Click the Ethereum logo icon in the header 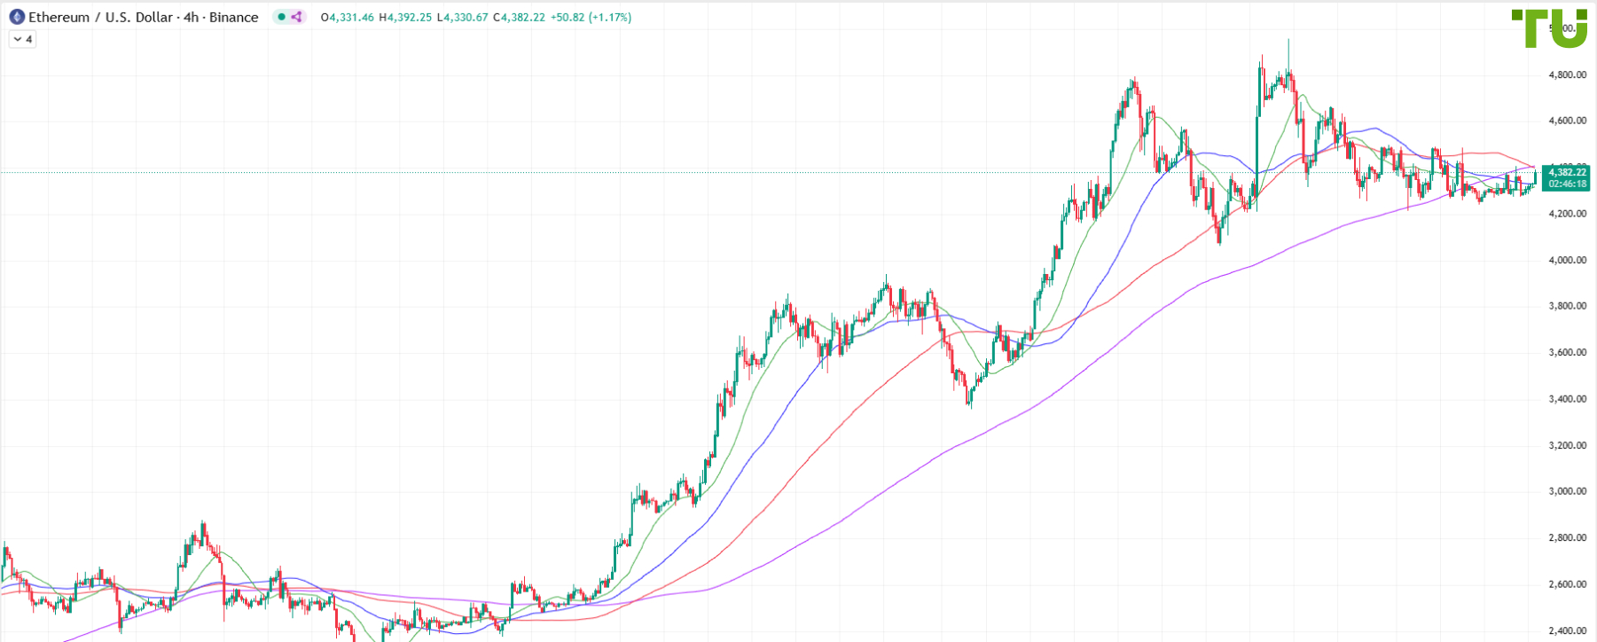pyautogui.click(x=16, y=17)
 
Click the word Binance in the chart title pyautogui.click(x=234, y=17)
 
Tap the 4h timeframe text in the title pyautogui.click(x=191, y=17)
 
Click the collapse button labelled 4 pyautogui.click(x=22, y=39)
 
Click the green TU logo pyautogui.click(x=1549, y=28)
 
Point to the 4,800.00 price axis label pyautogui.click(x=1567, y=74)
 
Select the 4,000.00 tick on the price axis pyautogui.click(x=1567, y=260)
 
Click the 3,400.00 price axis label pyautogui.click(x=1567, y=399)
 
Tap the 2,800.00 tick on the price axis pyautogui.click(x=1567, y=537)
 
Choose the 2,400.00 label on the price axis pyautogui.click(x=1567, y=630)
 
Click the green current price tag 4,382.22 pyautogui.click(x=1567, y=172)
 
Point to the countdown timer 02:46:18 pyautogui.click(x=1567, y=184)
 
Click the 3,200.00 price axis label pyautogui.click(x=1567, y=445)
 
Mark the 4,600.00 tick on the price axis pyautogui.click(x=1567, y=121)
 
